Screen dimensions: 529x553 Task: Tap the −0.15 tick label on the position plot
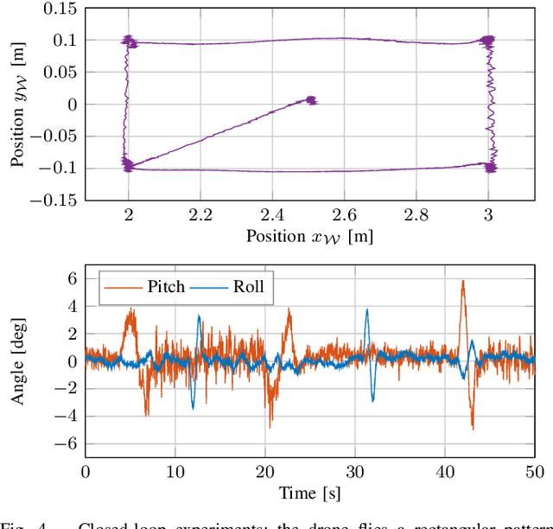click(x=51, y=201)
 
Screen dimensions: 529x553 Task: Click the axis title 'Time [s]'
click(x=309, y=493)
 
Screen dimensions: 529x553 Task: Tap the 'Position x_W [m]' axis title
click(x=309, y=236)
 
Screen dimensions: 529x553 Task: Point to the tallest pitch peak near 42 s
click(x=463, y=281)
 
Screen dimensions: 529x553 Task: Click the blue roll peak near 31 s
click(x=367, y=313)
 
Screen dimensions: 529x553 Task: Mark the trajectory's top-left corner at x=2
click(x=130, y=41)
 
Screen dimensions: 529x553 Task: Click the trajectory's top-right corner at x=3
click(x=489, y=41)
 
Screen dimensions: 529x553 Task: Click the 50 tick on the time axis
click(x=535, y=471)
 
